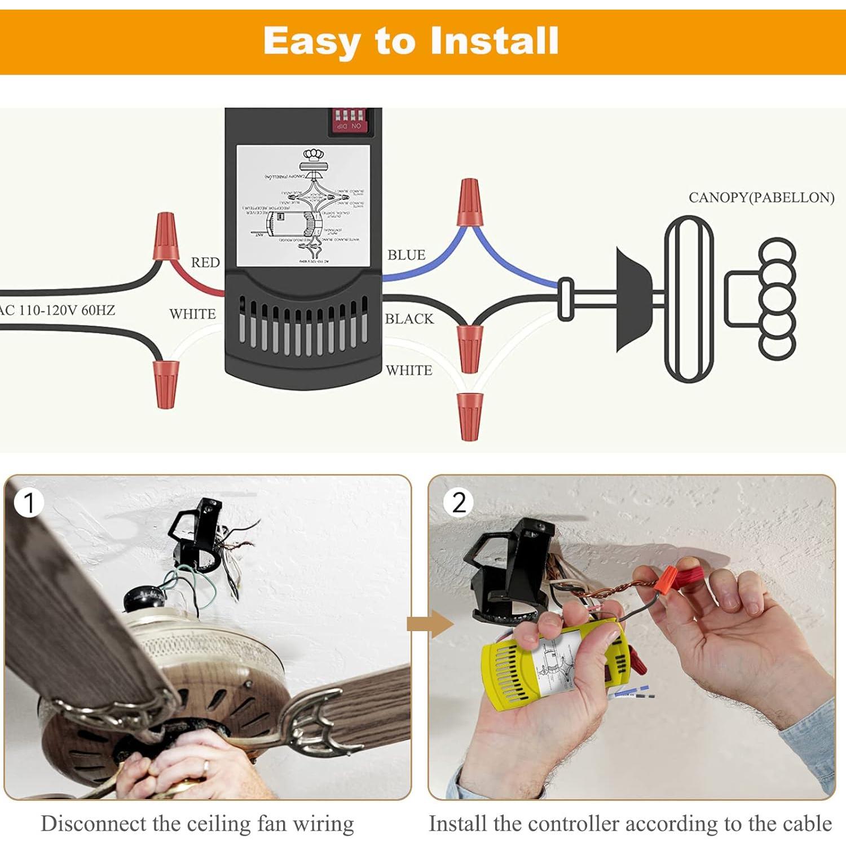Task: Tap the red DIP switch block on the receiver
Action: click(x=349, y=120)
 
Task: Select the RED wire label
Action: click(x=205, y=262)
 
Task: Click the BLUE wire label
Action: click(x=406, y=255)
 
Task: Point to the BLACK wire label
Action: click(x=409, y=319)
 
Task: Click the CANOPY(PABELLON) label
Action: click(x=761, y=197)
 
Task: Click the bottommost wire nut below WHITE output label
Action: click(x=469, y=416)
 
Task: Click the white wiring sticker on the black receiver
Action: click(x=303, y=206)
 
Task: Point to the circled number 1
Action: click(x=28, y=503)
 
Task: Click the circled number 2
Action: click(x=459, y=502)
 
